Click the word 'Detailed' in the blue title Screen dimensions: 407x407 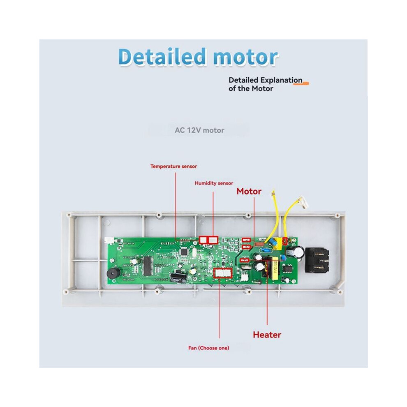click(x=162, y=56)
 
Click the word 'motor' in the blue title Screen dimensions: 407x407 click(x=245, y=58)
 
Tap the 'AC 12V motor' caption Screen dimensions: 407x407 click(x=199, y=130)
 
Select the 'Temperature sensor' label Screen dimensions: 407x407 click(x=173, y=166)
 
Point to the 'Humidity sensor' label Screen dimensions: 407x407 click(x=214, y=183)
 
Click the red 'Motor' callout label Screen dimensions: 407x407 click(x=249, y=191)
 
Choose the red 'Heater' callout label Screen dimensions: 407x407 click(x=267, y=335)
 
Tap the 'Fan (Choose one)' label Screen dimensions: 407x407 click(x=209, y=348)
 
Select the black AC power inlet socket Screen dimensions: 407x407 click(x=317, y=260)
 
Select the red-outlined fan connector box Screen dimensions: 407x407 click(x=222, y=273)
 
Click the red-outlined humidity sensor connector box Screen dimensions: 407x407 click(x=208, y=240)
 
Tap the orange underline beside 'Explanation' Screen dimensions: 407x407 click(x=301, y=83)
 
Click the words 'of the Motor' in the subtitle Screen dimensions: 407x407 click(x=251, y=88)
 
